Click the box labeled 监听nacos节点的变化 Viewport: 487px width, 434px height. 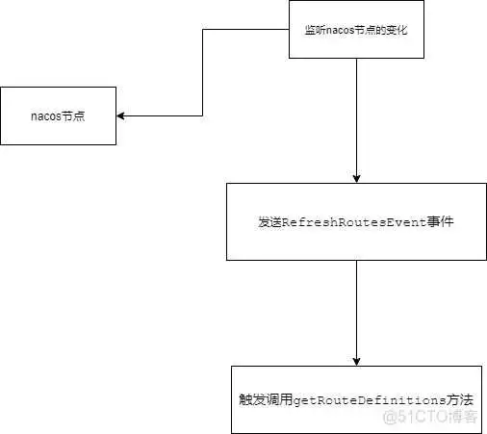point(357,30)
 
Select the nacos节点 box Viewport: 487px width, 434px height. point(59,115)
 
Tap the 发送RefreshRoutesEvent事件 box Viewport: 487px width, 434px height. point(356,221)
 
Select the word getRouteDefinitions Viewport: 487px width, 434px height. point(369,397)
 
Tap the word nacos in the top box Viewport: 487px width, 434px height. point(341,30)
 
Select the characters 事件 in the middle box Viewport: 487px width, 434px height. point(444,221)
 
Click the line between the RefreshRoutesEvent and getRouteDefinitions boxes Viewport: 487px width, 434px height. point(357,308)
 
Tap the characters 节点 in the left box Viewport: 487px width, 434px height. point(74,115)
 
